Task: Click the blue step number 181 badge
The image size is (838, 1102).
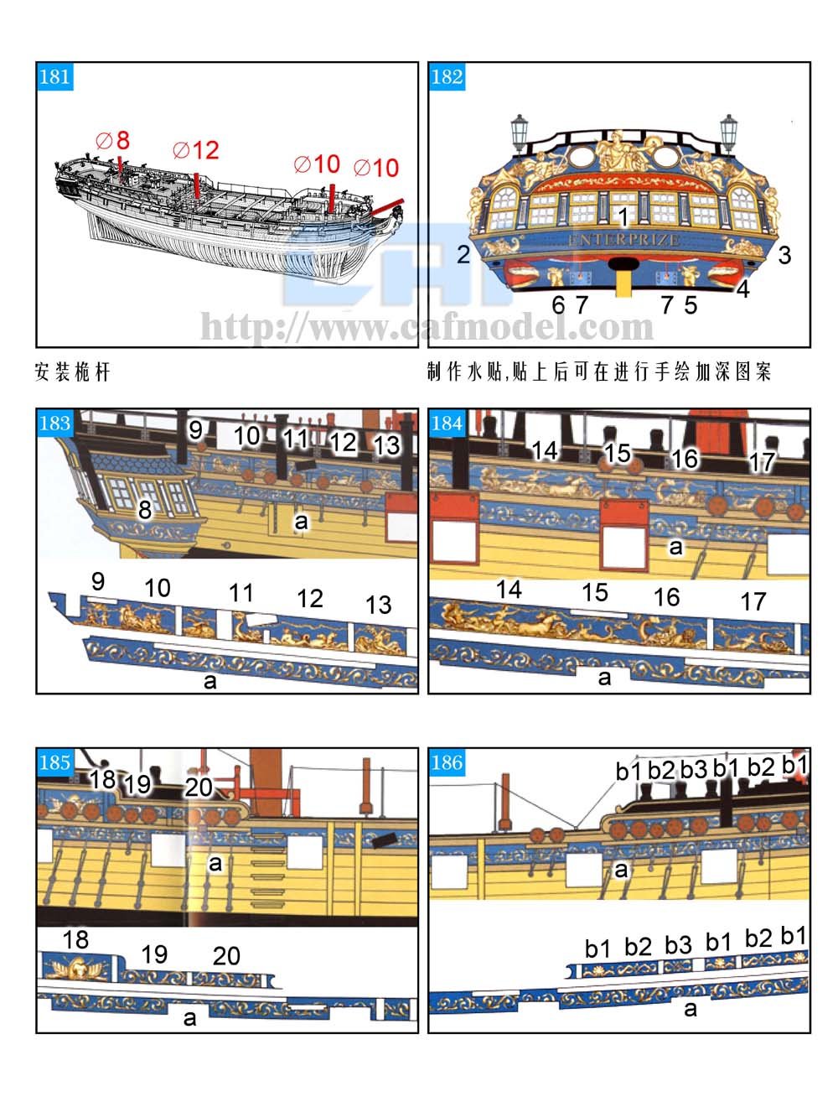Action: tap(54, 77)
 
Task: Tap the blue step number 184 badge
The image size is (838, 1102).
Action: tap(447, 424)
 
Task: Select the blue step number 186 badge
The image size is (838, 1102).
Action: tap(447, 762)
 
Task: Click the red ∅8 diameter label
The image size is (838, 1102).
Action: tap(113, 140)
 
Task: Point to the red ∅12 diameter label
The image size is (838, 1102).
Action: tap(196, 150)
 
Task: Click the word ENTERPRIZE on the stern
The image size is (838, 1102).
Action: tap(623, 241)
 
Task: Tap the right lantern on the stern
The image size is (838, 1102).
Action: tap(728, 133)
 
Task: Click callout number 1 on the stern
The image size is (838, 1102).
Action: tap(623, 217)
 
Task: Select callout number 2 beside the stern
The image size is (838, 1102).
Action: tap(463, 254)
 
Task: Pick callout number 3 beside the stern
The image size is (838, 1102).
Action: tap(784, 255)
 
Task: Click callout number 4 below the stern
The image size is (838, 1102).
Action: tap(743, 289)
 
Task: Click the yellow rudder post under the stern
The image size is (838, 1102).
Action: tap(623, 281)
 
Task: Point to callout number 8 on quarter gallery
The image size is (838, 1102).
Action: tap(145, 509)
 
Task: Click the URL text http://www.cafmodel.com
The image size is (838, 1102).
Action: tap(427, 326)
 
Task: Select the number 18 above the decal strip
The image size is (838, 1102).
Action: tap(75, 939)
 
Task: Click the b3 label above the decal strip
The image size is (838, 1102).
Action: tap(678, 945)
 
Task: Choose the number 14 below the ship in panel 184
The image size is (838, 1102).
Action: tap(509, 590)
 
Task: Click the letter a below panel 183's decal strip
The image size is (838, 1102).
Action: tap(209, 681)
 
